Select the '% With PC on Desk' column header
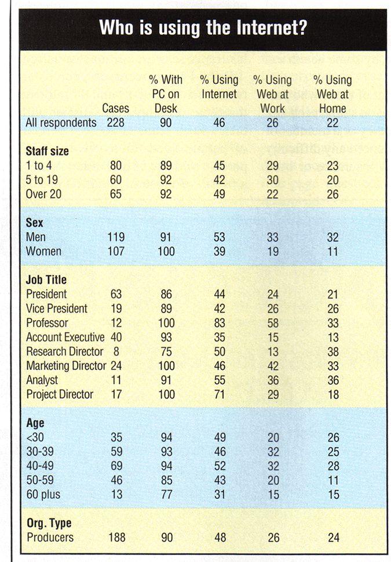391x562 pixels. click(x=166, y=94)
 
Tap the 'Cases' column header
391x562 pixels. click(x=116, y=108)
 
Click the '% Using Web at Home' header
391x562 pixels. click(x=332, y=94)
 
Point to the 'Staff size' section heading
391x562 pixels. click(x=47, y=151)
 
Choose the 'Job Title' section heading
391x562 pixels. click(x=46, y=280)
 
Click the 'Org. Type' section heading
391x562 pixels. click(x=49, y=523)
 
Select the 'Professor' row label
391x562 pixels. click(x=47, y=322)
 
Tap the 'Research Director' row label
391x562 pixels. click(x=65, y=351)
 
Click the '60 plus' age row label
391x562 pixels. click(x=43, y=494)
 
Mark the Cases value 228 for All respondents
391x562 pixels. click(x=116, y=123)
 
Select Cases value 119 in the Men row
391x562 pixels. click(x=116, y=237)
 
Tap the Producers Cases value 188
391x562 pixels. click(x=116, y=538)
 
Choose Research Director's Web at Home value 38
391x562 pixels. click(x=332, y=351)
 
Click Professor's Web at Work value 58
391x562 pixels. click(x=272, y=322)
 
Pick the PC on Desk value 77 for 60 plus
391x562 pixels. click(x=166, y=494)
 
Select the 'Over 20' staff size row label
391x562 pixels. click(x=44, y=194)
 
